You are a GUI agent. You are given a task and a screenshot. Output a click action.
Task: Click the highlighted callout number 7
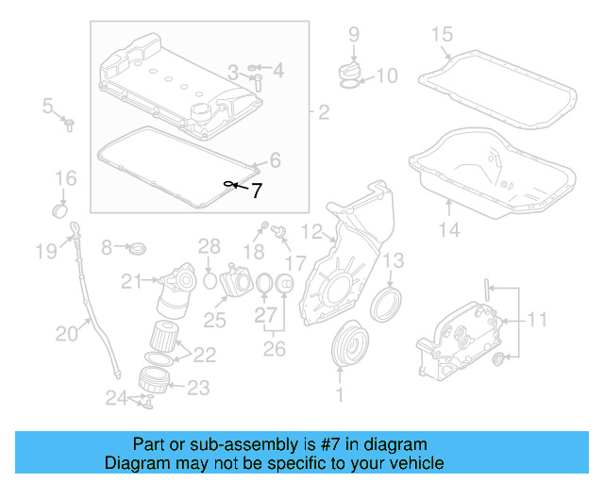point(256,190)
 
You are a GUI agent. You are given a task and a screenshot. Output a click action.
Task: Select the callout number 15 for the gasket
point(443,36)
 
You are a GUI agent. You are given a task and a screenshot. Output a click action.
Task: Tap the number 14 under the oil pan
point(449,229)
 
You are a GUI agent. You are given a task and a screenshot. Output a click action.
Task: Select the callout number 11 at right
point(536,321)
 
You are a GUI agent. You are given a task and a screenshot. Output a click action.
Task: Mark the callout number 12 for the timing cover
point(311,229)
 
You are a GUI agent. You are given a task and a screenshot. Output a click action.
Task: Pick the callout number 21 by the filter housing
point(129,279)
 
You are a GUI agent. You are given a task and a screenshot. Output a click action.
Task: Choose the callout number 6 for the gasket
point(275,159)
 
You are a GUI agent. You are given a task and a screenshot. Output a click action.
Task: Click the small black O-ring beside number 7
point(228,183)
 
